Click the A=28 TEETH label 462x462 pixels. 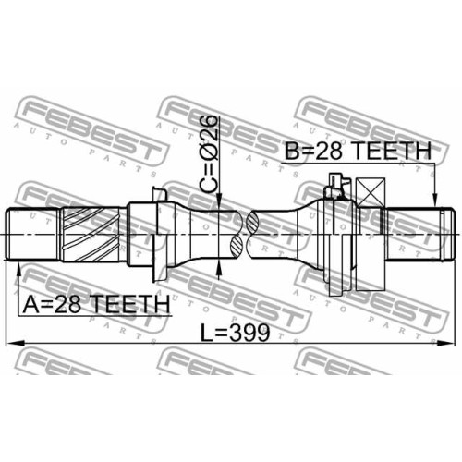click(96, 303)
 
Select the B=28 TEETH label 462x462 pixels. click(358, 151)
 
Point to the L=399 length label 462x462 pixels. click(235, 333)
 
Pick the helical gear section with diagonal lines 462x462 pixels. click(91, 234)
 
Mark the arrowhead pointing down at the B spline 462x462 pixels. click(434, 199)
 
